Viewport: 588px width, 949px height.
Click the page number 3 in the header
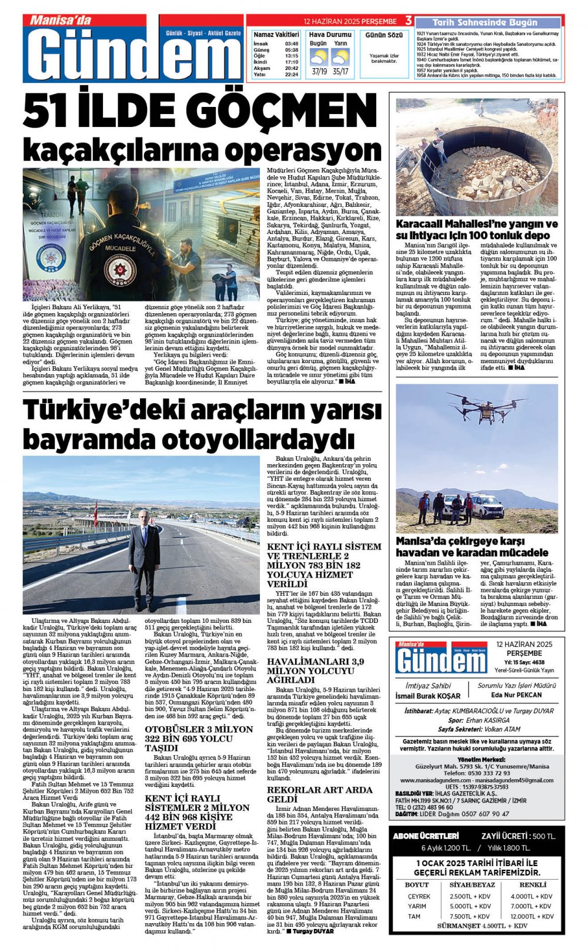409,21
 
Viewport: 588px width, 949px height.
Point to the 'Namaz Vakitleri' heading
276,35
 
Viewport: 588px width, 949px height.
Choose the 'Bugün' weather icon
318,58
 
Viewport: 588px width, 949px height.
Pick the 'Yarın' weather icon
340,58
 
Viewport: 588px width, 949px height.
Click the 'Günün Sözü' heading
384,35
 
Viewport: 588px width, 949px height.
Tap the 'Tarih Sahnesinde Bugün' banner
485,22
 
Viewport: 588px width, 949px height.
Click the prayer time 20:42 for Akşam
292,68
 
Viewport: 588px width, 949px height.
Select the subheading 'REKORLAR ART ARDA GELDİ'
320,794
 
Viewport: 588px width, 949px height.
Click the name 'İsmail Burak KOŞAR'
428,696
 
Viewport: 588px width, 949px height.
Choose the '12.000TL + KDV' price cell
532,916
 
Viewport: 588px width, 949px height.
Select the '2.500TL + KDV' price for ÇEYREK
470,896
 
